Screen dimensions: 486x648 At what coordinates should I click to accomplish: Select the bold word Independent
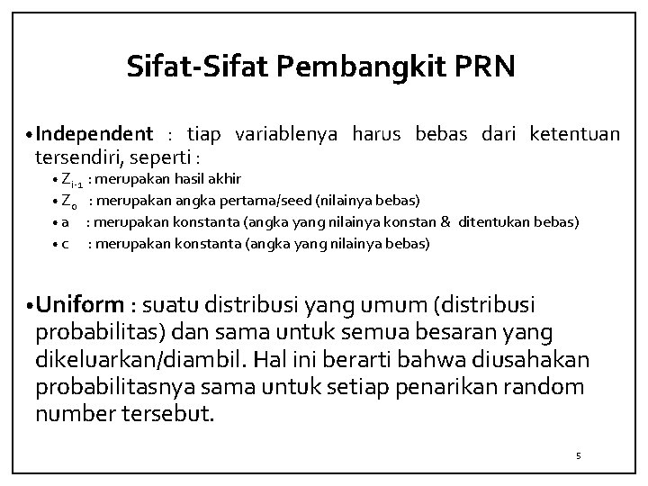[94, 135]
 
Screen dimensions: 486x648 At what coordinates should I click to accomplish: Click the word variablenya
[285, 135]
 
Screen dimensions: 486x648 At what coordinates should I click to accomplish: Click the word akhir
[222, 178]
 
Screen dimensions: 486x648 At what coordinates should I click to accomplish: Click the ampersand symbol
[445, 221]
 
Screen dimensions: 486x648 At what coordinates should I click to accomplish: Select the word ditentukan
[498, 221]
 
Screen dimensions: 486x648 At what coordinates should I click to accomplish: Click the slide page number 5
[579, 456]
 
